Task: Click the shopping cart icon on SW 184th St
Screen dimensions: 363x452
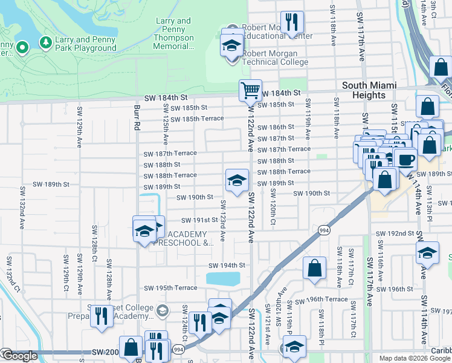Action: pos(250,91)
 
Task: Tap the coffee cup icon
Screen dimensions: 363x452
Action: pos(406,159)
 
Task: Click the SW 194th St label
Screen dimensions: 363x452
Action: pos(227,266)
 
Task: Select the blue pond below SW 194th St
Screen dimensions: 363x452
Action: pos(222,278)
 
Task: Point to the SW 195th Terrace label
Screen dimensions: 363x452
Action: pos(170,288)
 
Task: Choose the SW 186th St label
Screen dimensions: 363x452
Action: pos(276,127)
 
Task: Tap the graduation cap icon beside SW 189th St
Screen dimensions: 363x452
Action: pos(237,179)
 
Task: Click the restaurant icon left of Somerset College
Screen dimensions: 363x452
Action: pos(102,315)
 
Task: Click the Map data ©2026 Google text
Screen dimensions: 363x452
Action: pos(414,358)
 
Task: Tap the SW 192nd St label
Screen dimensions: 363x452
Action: pos(395,234)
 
